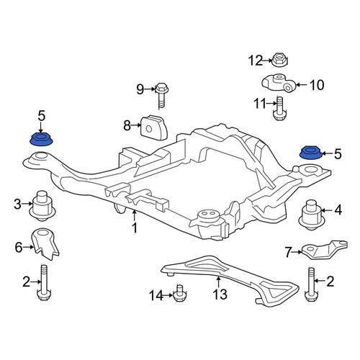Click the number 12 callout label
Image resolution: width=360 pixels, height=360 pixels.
click(x=256, y=60)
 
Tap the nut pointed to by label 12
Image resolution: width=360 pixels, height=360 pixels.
click(x=279, y=60)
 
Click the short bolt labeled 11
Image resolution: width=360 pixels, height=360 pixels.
click(x=279, y=108)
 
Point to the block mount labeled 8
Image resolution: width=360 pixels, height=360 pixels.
click(x=154, y=127)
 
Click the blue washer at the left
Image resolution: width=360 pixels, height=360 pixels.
click(x=41, y=140)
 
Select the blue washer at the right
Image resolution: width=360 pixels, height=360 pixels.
click(x=311, y=153)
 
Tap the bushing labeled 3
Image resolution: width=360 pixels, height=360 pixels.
click(x=42, y=206)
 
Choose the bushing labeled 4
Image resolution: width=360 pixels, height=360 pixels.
click(x=311, y=214)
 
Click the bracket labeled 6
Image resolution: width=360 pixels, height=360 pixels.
click(x=45, y=244)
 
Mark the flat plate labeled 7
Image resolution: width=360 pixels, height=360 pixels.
click(x=325, y=250)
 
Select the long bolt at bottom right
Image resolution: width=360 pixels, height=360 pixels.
click(x=311, y=284)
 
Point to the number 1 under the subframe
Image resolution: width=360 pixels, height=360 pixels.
click(x=135, y=228)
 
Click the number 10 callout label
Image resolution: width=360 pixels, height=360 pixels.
click(x=317, y=85)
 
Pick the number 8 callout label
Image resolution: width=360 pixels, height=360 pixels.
click(x=127, y=125)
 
